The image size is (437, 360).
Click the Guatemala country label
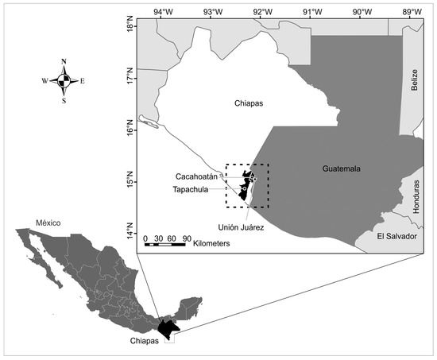[x=342, y=169]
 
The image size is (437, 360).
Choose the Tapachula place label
[x=194, y=190]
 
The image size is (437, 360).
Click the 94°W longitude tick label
[x=164, y=11]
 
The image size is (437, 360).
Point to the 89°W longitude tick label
[x=411, y=11]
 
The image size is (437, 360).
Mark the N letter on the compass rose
[x=64, y=61]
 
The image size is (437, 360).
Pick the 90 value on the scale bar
[x=184, y=238]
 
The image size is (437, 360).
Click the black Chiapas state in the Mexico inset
[x=168, y=327]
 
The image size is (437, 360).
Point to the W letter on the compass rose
[x=45, y=80]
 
